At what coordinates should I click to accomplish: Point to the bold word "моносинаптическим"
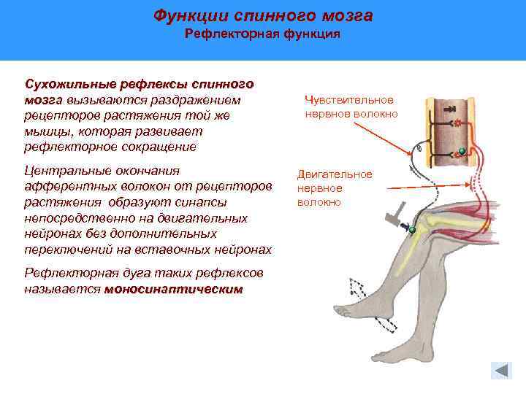tap(173, 290)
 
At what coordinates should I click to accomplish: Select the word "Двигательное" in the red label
tap(335, 174)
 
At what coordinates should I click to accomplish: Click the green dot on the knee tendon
tap(412, 231)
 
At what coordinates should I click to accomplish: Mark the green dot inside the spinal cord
tap(461, 152)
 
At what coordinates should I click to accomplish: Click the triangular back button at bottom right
tap(500, 370)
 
